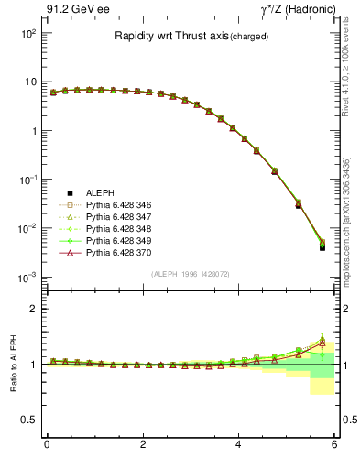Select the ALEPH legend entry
coord(101,192)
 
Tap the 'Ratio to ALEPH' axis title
coord(12,364)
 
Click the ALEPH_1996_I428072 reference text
coord(191,274)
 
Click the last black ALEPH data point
coord(322,247)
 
